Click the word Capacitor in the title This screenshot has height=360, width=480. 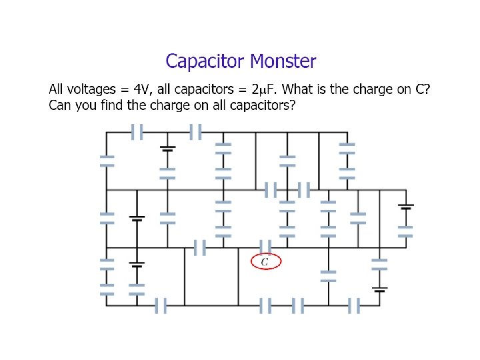pyautogui.click(x=205, y=62)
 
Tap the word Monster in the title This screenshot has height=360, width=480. pyautogui.click(x=283, y=62)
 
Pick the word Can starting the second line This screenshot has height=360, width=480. pyautogui.click(x=60, y=105)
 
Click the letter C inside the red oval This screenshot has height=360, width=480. pyautogui.click(x=265, y=262)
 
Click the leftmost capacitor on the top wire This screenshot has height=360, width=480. pyautogui.click(x=137, y=132)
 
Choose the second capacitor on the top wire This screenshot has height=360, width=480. pyautogui.click(x=195, y=132)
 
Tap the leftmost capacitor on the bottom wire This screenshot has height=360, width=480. pyautogui.click(x=160, y=306)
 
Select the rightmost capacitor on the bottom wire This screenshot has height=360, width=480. pyautogui.click(x=354, y=306)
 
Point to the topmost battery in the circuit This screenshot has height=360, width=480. pyautogui.click(x=167, y=149)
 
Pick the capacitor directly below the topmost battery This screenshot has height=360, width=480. pyautogui.click(x=167, y=173)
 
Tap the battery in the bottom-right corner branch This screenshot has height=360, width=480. pyautogui.click(x=379, y=289)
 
